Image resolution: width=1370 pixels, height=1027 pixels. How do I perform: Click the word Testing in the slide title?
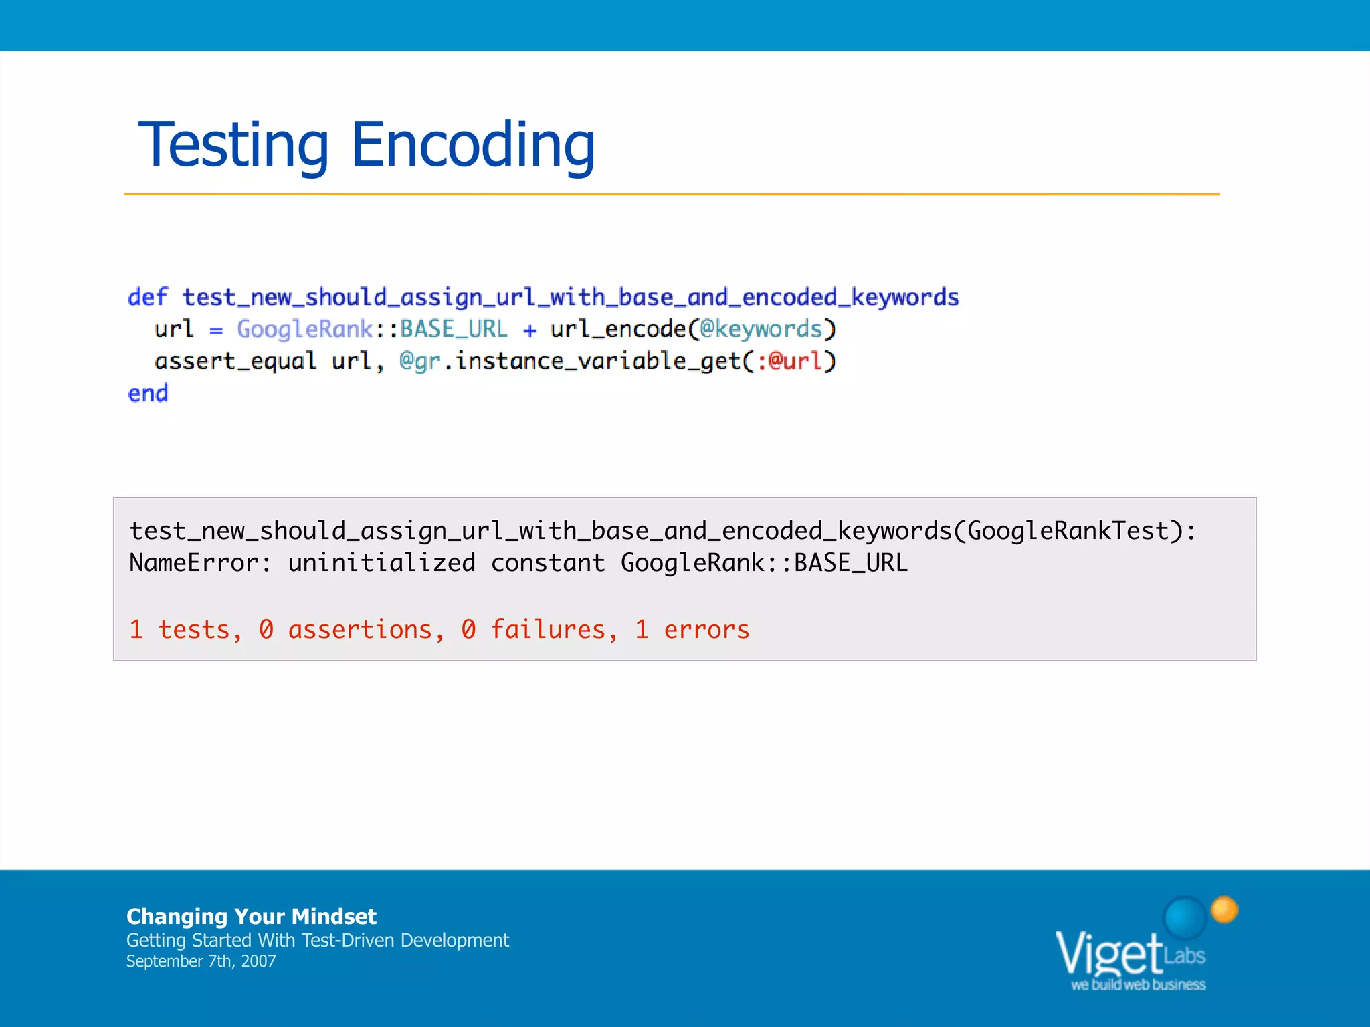233,145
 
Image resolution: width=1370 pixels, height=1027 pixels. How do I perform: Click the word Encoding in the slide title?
472,145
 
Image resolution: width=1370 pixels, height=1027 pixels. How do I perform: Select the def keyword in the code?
148,297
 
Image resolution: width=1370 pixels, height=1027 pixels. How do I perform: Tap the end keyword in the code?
148,393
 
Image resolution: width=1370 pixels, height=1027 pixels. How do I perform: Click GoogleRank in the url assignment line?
304,329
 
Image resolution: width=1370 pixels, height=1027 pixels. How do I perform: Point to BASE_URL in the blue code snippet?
454,329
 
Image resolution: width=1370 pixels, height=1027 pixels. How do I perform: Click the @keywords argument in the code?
761,329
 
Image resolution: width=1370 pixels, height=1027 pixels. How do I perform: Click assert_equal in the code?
235,361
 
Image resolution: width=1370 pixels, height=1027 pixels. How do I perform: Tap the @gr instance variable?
419,361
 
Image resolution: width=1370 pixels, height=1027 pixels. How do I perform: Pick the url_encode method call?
618,329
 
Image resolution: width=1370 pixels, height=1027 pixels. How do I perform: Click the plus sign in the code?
530,330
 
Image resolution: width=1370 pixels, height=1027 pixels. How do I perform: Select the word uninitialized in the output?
381,563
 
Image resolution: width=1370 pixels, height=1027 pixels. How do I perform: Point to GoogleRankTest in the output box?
1068,531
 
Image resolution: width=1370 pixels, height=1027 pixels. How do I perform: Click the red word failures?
548,630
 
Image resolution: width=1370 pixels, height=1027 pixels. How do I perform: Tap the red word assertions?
360,630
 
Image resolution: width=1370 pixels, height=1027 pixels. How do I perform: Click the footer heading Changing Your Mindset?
252,916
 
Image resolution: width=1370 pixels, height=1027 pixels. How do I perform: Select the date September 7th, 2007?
201,961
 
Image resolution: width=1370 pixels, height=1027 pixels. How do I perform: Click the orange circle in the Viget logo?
1224,909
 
